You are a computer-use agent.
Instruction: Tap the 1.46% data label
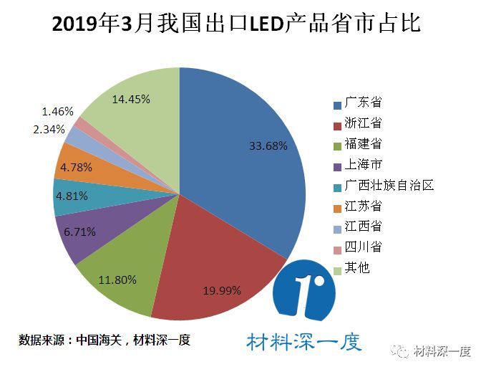[58, 111]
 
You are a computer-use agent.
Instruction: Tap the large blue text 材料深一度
[304, 341]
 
